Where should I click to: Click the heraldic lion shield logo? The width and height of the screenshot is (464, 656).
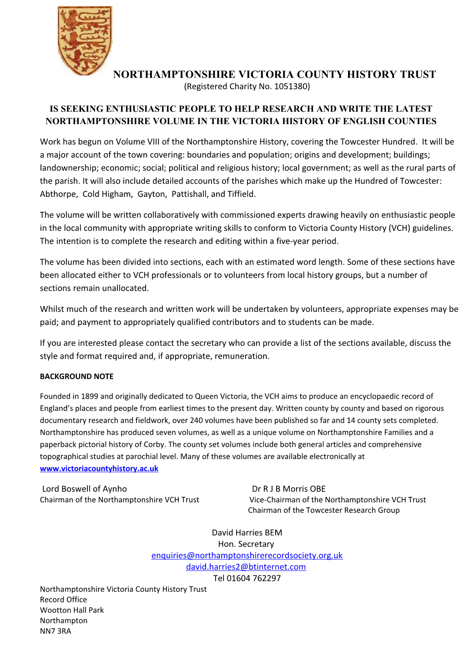point(85,40)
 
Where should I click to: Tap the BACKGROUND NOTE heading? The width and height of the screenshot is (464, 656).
point(76,376)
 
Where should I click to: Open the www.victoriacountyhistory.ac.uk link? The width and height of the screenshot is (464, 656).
point(99,468)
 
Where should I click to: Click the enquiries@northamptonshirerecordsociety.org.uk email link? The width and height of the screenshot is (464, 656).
point(247,555)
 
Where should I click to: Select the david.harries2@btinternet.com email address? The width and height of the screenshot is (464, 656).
point(246,566)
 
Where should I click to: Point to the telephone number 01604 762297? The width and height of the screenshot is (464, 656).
point(253,578)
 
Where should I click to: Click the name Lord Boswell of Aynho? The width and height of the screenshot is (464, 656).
point(85,489)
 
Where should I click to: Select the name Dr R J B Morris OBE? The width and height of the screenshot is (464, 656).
point(289,489)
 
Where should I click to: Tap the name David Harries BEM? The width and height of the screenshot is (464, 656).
point(247,532)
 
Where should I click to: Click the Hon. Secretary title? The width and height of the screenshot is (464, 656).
point(246,544)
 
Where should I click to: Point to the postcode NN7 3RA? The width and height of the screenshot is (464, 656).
point(55,631)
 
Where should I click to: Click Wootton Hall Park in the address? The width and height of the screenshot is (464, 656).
point(72,610)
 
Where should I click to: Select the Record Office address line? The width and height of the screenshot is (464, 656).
point(63,600)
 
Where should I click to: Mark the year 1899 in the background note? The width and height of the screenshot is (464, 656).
point(90,396)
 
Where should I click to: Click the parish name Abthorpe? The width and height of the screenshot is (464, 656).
point(58,194)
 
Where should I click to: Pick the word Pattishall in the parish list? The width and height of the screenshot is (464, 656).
point(189,194)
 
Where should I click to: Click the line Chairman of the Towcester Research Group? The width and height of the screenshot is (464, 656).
point(323,510)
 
